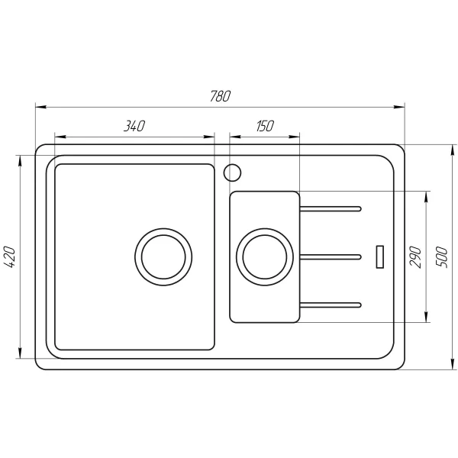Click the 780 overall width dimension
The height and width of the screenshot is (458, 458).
(x=220, y=97)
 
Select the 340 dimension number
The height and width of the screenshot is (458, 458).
(x=134, y=127)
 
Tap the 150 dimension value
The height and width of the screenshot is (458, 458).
(x=264, y=127)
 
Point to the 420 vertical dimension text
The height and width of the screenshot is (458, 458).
(x=10, y=257)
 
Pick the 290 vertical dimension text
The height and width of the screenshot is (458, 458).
(x=415, y=255)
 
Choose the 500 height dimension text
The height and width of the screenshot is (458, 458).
(x=440, y=255)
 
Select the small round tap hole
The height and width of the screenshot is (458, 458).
(x=232, y=173)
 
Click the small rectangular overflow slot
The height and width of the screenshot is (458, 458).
(x=379, y=256)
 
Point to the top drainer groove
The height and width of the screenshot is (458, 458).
(x=330, y=207)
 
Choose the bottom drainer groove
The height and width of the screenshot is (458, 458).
(x=330, y=305)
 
